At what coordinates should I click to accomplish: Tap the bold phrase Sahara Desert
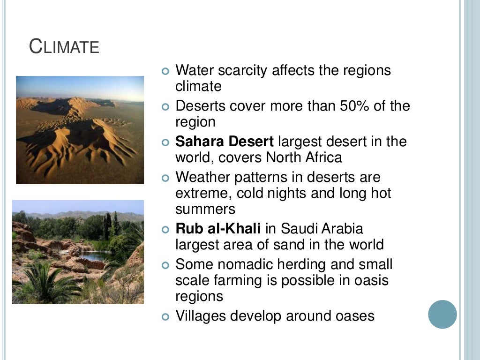pos(225,141)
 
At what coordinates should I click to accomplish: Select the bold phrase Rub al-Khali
pos(218,229)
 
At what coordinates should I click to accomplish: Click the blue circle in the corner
pos(442,314)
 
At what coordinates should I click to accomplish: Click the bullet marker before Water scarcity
pos(165,71)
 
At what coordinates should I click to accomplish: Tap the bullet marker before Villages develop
pos(165,316)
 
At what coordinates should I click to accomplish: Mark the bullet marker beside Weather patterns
pos(165,178)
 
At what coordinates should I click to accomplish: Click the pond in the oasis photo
pos(92,256)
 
